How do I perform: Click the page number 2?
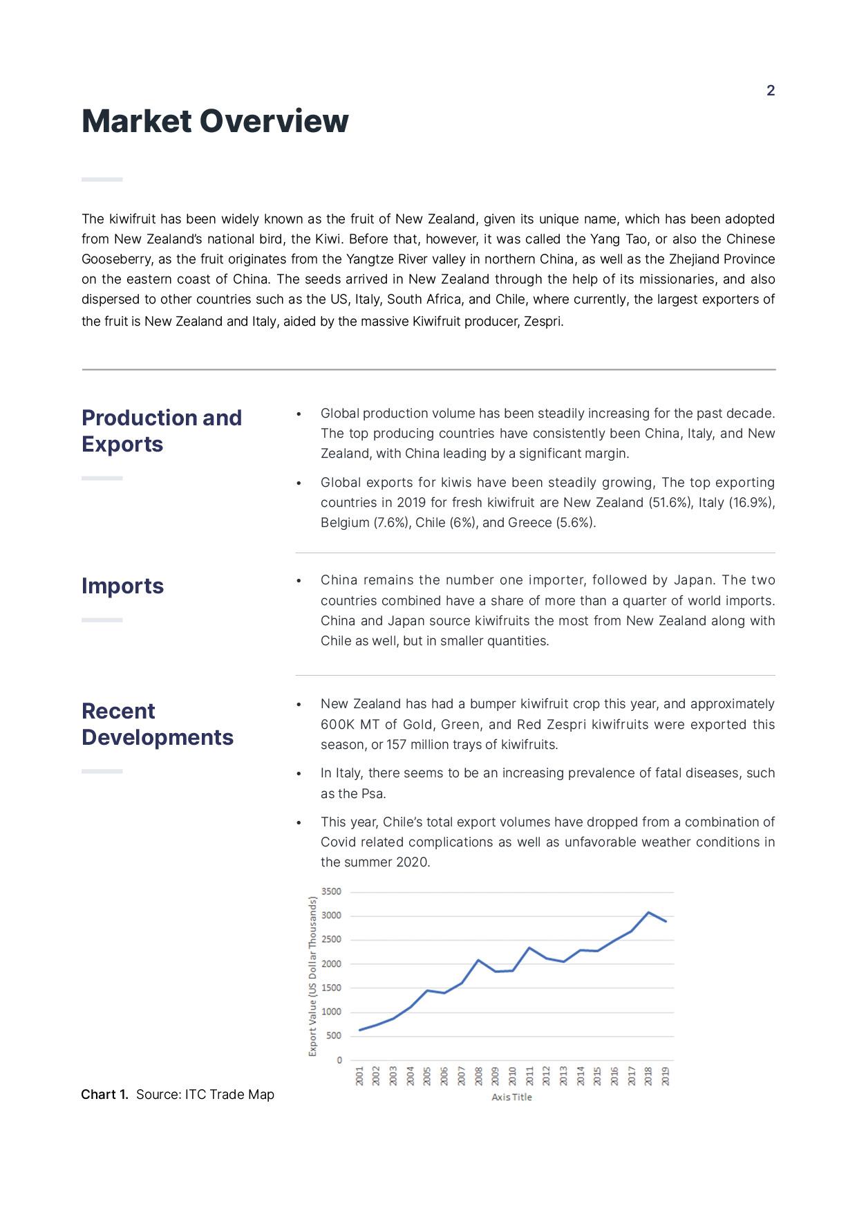(771, 91)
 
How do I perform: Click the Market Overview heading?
(215, 121)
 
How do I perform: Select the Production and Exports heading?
(162, 430)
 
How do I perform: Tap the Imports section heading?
(122, 586)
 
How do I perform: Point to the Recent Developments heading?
(158, 724)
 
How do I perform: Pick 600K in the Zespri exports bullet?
(337, 725)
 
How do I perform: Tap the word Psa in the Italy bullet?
(373, 794)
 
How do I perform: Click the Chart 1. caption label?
(104, 1095)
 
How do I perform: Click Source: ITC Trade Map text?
(205, 1095)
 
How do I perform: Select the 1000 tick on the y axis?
(332, 1012)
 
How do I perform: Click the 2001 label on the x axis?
(359, 1076)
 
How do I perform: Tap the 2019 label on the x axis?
(666, 1076)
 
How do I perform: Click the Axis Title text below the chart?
(511, 1098)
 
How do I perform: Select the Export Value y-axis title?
(312, 976)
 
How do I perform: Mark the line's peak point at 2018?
(648, 913)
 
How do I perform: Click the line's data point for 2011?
(529, 948)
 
